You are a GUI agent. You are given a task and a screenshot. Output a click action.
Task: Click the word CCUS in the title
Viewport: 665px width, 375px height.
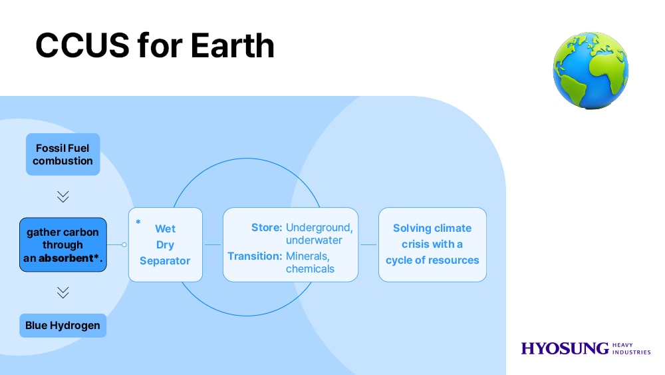point(82,45)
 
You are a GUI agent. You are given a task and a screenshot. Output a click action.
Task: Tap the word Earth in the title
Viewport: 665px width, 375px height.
point(232,45)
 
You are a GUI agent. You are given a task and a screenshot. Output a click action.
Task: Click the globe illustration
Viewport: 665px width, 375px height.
point(591,70)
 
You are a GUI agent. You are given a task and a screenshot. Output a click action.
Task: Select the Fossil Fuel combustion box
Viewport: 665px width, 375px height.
point(63,154)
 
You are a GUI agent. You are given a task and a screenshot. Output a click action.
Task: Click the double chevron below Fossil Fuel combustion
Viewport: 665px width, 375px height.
point(63,196)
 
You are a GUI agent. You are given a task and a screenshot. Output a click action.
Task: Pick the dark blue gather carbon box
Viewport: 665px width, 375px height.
point(63,244)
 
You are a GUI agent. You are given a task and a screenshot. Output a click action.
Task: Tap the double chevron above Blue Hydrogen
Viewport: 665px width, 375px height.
point(63,292)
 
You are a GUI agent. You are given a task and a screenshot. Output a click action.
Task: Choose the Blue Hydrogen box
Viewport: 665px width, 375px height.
point(63,326)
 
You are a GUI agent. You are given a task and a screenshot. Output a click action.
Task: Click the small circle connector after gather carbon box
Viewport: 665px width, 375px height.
point(124,244)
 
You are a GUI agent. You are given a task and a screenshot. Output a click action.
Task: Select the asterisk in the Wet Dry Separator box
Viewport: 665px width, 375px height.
point(138,222)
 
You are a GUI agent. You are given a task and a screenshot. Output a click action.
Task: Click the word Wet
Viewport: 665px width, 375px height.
point(165,228)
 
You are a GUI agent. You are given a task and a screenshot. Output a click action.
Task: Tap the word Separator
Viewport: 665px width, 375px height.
point(165,260)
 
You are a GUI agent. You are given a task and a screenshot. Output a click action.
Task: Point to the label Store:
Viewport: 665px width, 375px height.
point(267,228)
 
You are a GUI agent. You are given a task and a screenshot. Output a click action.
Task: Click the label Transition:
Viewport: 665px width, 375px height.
point(255,256)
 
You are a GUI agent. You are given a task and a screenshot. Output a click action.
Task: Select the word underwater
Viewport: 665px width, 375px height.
point(314,240)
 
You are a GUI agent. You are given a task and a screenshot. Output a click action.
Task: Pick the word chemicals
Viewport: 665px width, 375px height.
point(310,269)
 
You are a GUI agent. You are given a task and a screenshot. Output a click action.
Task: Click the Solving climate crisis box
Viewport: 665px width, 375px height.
point(433,244)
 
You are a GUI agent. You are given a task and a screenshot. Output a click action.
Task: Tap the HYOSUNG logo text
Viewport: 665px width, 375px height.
point(565,348)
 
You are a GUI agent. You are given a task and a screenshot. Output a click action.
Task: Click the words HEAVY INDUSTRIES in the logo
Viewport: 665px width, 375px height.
point(632,348)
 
